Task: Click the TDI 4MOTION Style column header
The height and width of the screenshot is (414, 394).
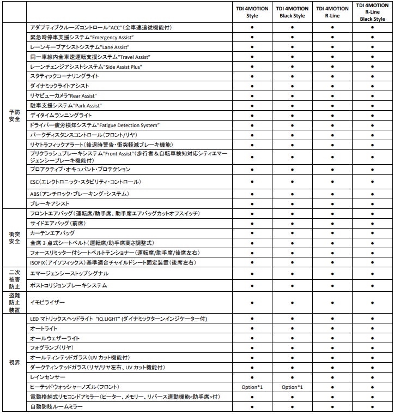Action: tap(252, 12)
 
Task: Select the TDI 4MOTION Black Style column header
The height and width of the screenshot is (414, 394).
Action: tap(292, 12)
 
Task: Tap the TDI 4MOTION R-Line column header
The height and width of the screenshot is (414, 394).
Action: tap(332, 12)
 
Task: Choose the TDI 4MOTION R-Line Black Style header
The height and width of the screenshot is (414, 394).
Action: tap(372, 11)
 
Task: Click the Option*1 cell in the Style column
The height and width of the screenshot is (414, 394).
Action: tap(252, 387)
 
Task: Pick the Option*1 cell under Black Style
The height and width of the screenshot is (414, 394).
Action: tap(292, 387)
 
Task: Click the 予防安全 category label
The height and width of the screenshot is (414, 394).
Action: tap(14, 115)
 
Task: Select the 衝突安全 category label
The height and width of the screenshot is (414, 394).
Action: tap(14, 238)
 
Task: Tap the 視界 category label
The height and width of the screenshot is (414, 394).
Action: tap(14, 362)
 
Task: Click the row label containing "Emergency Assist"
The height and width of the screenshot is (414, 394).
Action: tap(82, 37)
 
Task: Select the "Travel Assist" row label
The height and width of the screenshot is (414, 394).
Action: tap(90, 57)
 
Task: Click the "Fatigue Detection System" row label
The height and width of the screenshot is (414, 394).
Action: tap(95, 125)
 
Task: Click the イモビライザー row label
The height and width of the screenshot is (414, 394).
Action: tap(47, 301)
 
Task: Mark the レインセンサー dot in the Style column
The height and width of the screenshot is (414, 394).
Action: tap(252, 377)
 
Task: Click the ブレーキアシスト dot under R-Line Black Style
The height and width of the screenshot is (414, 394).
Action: tap(372, 203)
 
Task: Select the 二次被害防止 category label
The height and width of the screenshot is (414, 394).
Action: tap(14, 279)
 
